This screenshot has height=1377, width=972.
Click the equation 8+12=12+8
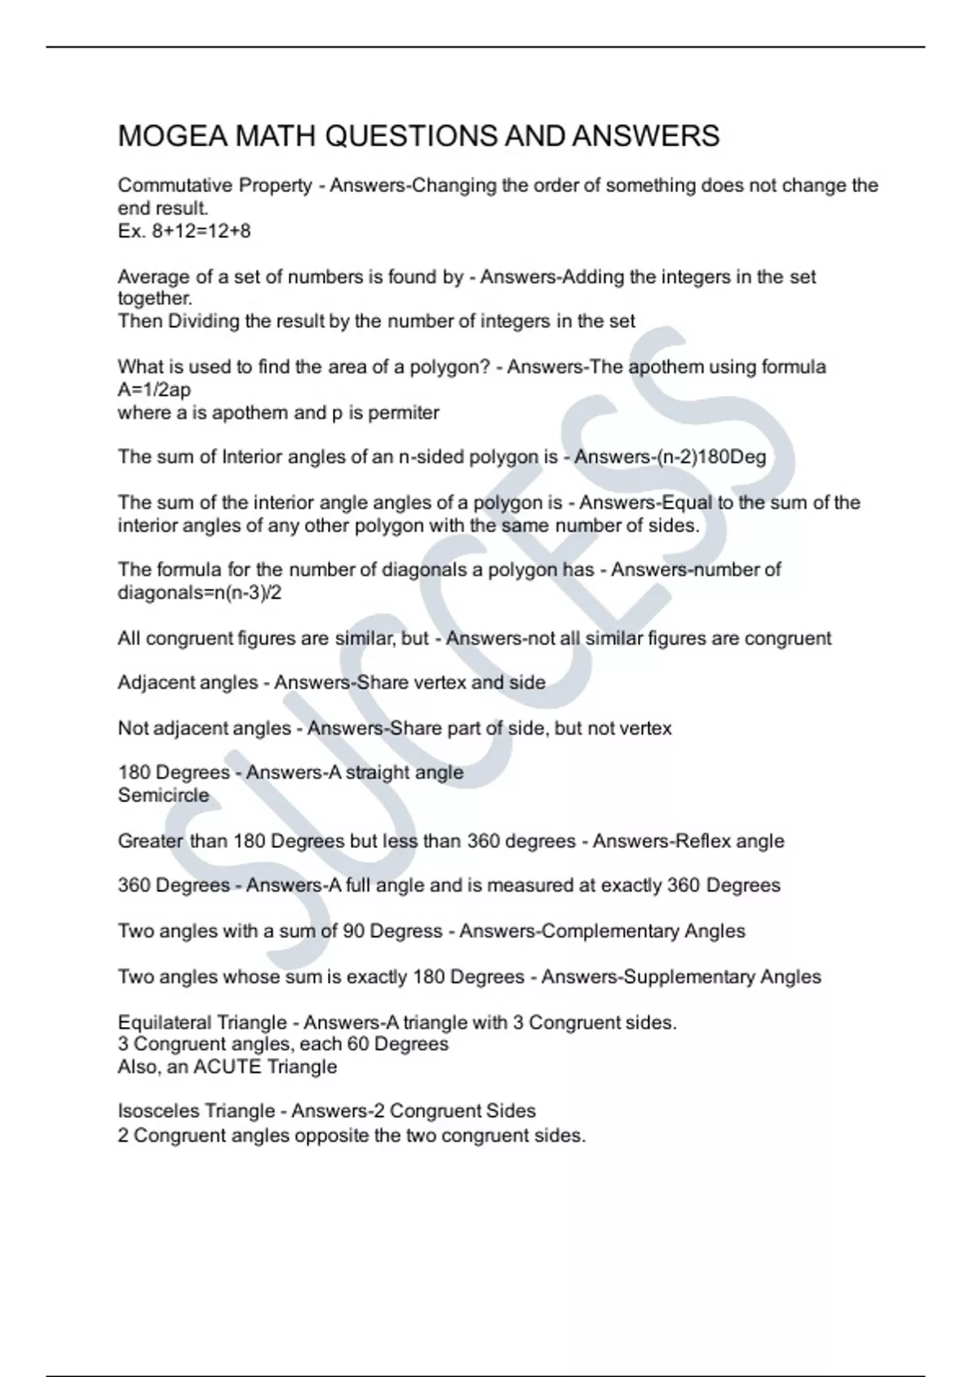(201, 232)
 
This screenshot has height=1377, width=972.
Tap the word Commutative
(174, 185)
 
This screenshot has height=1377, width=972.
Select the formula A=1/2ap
(155, 390)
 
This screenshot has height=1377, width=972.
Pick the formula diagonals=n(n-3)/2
(200, 593)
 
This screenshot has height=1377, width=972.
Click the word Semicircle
(164, 795)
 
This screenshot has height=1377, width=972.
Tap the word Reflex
(697, 841)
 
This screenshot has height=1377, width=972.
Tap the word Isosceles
(156, 1111)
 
